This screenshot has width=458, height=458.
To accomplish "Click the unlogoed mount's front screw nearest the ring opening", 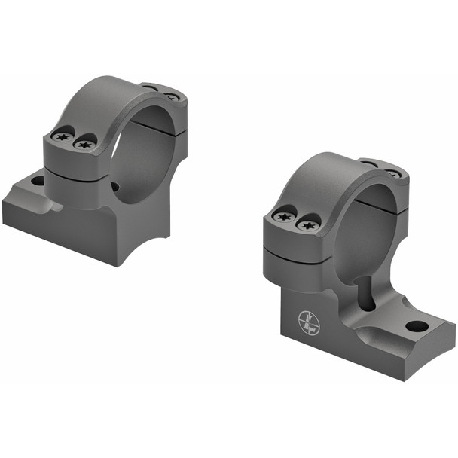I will click(x=85, y=145).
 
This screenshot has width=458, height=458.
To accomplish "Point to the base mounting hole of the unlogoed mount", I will click(x=37, y=181).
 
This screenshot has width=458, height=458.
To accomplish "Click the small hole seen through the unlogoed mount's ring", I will click(x=114, y=187).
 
